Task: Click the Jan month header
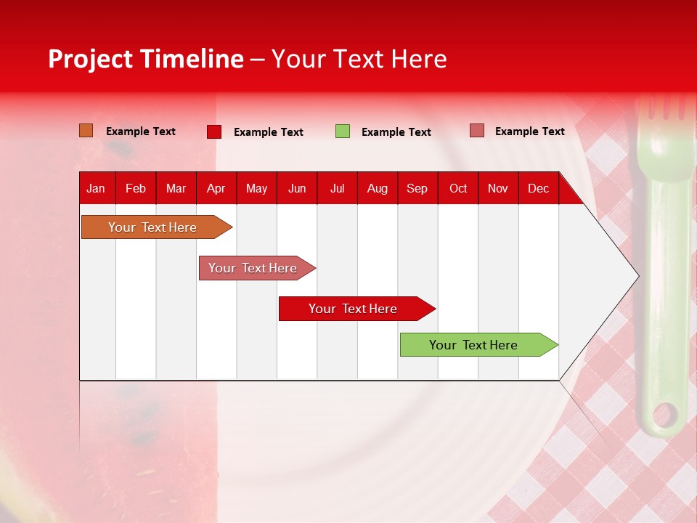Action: point(96,189)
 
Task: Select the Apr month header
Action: point(216,189)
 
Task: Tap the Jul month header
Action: point(337,189)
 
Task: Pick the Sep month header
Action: point(417,189)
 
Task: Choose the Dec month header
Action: point(538,189)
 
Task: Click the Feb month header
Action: point(136,189)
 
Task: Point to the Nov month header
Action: point(498,189)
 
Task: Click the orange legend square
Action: point(86,131)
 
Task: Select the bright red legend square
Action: point(214,131)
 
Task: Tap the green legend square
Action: point(343,131)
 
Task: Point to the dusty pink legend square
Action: point(476,131)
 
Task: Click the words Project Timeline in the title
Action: point(146,59)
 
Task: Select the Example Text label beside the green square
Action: point(396,132)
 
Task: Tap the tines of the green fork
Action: point(663,109)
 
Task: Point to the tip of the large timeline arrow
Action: point(637,276)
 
